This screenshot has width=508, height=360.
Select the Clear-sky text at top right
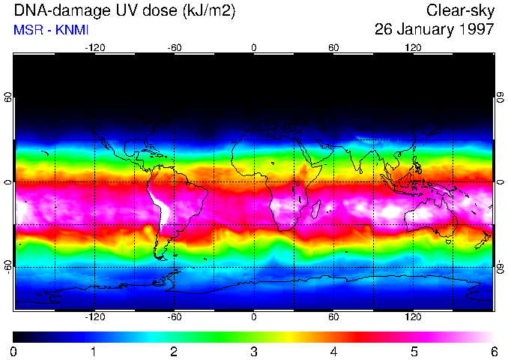(x=460, y=10)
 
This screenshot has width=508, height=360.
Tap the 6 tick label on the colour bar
(x=493, y=350)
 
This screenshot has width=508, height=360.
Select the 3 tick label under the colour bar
(x=254, y=350)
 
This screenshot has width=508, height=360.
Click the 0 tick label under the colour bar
(x=14, y=350)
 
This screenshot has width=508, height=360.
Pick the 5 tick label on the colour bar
(x=414, y=350)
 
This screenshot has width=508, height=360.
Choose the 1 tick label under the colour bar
(x=94, y=350)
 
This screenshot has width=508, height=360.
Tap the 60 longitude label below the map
(x=333, y=317)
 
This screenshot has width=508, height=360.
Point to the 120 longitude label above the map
(x=413, y=47)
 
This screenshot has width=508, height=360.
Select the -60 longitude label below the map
(x=174, y=317)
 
